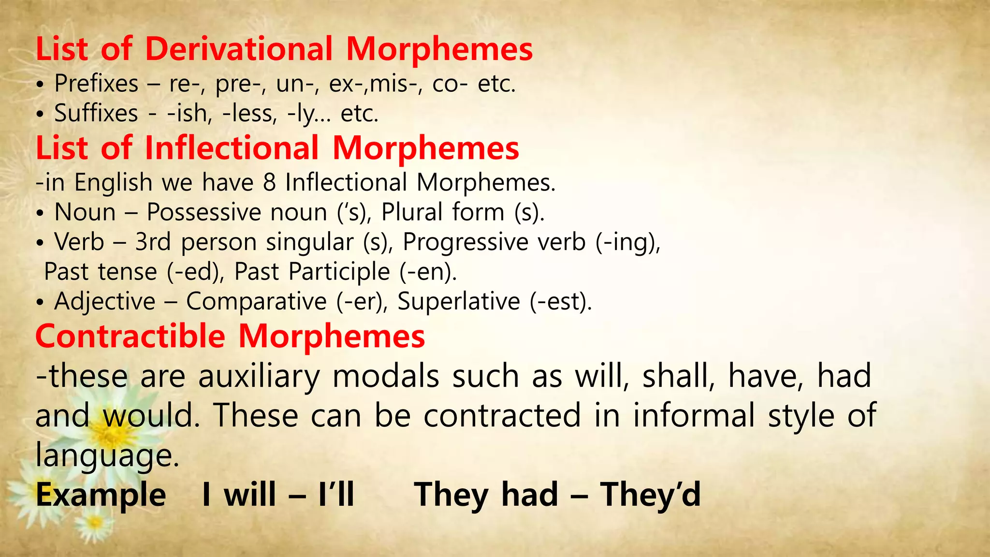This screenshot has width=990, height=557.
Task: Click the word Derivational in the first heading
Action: pos(239,49)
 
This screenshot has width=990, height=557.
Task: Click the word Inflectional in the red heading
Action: pos(232,148)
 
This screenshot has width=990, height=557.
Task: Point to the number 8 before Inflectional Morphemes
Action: pos(269,183)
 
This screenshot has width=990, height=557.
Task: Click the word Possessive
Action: pos(203,212)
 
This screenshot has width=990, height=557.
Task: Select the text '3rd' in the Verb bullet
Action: pos(153,242)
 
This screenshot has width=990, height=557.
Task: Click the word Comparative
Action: pos(256,301)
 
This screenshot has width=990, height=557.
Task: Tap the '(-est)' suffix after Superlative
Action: pos(560,301)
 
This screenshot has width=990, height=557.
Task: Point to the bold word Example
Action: pos(101,495)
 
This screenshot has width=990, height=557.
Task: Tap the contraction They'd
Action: pos(650,495)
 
